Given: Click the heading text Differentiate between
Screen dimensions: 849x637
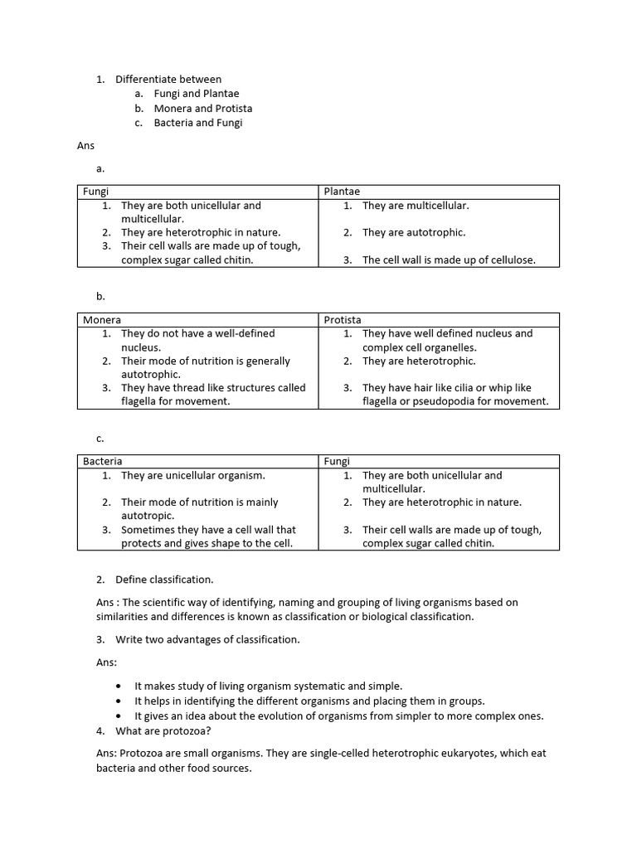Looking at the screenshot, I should pos(168,80).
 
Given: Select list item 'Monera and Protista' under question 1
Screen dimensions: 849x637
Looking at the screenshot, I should pos(203,109).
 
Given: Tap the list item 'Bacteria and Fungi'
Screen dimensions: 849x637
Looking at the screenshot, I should pos(198,123).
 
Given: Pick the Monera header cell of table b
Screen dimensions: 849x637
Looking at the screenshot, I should pos(102,320).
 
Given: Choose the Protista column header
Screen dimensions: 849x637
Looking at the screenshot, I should pos(343,320).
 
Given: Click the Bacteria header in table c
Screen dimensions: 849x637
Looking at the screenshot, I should pos(103,461).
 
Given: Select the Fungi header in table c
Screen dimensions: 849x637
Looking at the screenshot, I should pos(337,461).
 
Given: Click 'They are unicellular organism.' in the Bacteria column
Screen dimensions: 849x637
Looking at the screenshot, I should pos(193,475).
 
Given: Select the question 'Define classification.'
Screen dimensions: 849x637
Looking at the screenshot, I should pos(164,580).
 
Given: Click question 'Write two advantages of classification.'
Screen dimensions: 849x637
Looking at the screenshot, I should pos(207,639).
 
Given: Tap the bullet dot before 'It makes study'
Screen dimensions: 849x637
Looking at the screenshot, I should pos(120,686).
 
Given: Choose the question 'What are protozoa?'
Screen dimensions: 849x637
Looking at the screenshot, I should pos(163,731).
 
